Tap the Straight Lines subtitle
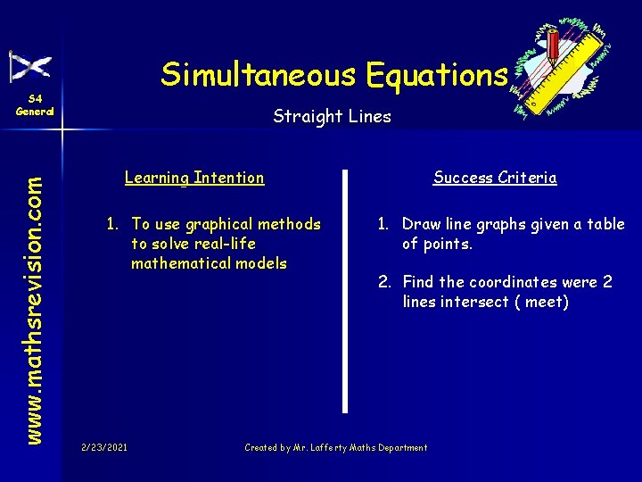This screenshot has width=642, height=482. point(332,116)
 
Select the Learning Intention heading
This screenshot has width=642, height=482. point(194,178)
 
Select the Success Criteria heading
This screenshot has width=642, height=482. point(495,178)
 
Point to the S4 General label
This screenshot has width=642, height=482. point(35,105)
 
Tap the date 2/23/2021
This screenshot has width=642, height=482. point(103,447)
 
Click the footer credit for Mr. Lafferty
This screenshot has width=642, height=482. point(336,447)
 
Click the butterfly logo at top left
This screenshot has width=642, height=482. point(30,67)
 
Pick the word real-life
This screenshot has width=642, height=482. point(219,244)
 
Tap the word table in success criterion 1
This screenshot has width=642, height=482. point(605,224)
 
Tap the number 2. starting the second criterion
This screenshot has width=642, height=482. point(385,282)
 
